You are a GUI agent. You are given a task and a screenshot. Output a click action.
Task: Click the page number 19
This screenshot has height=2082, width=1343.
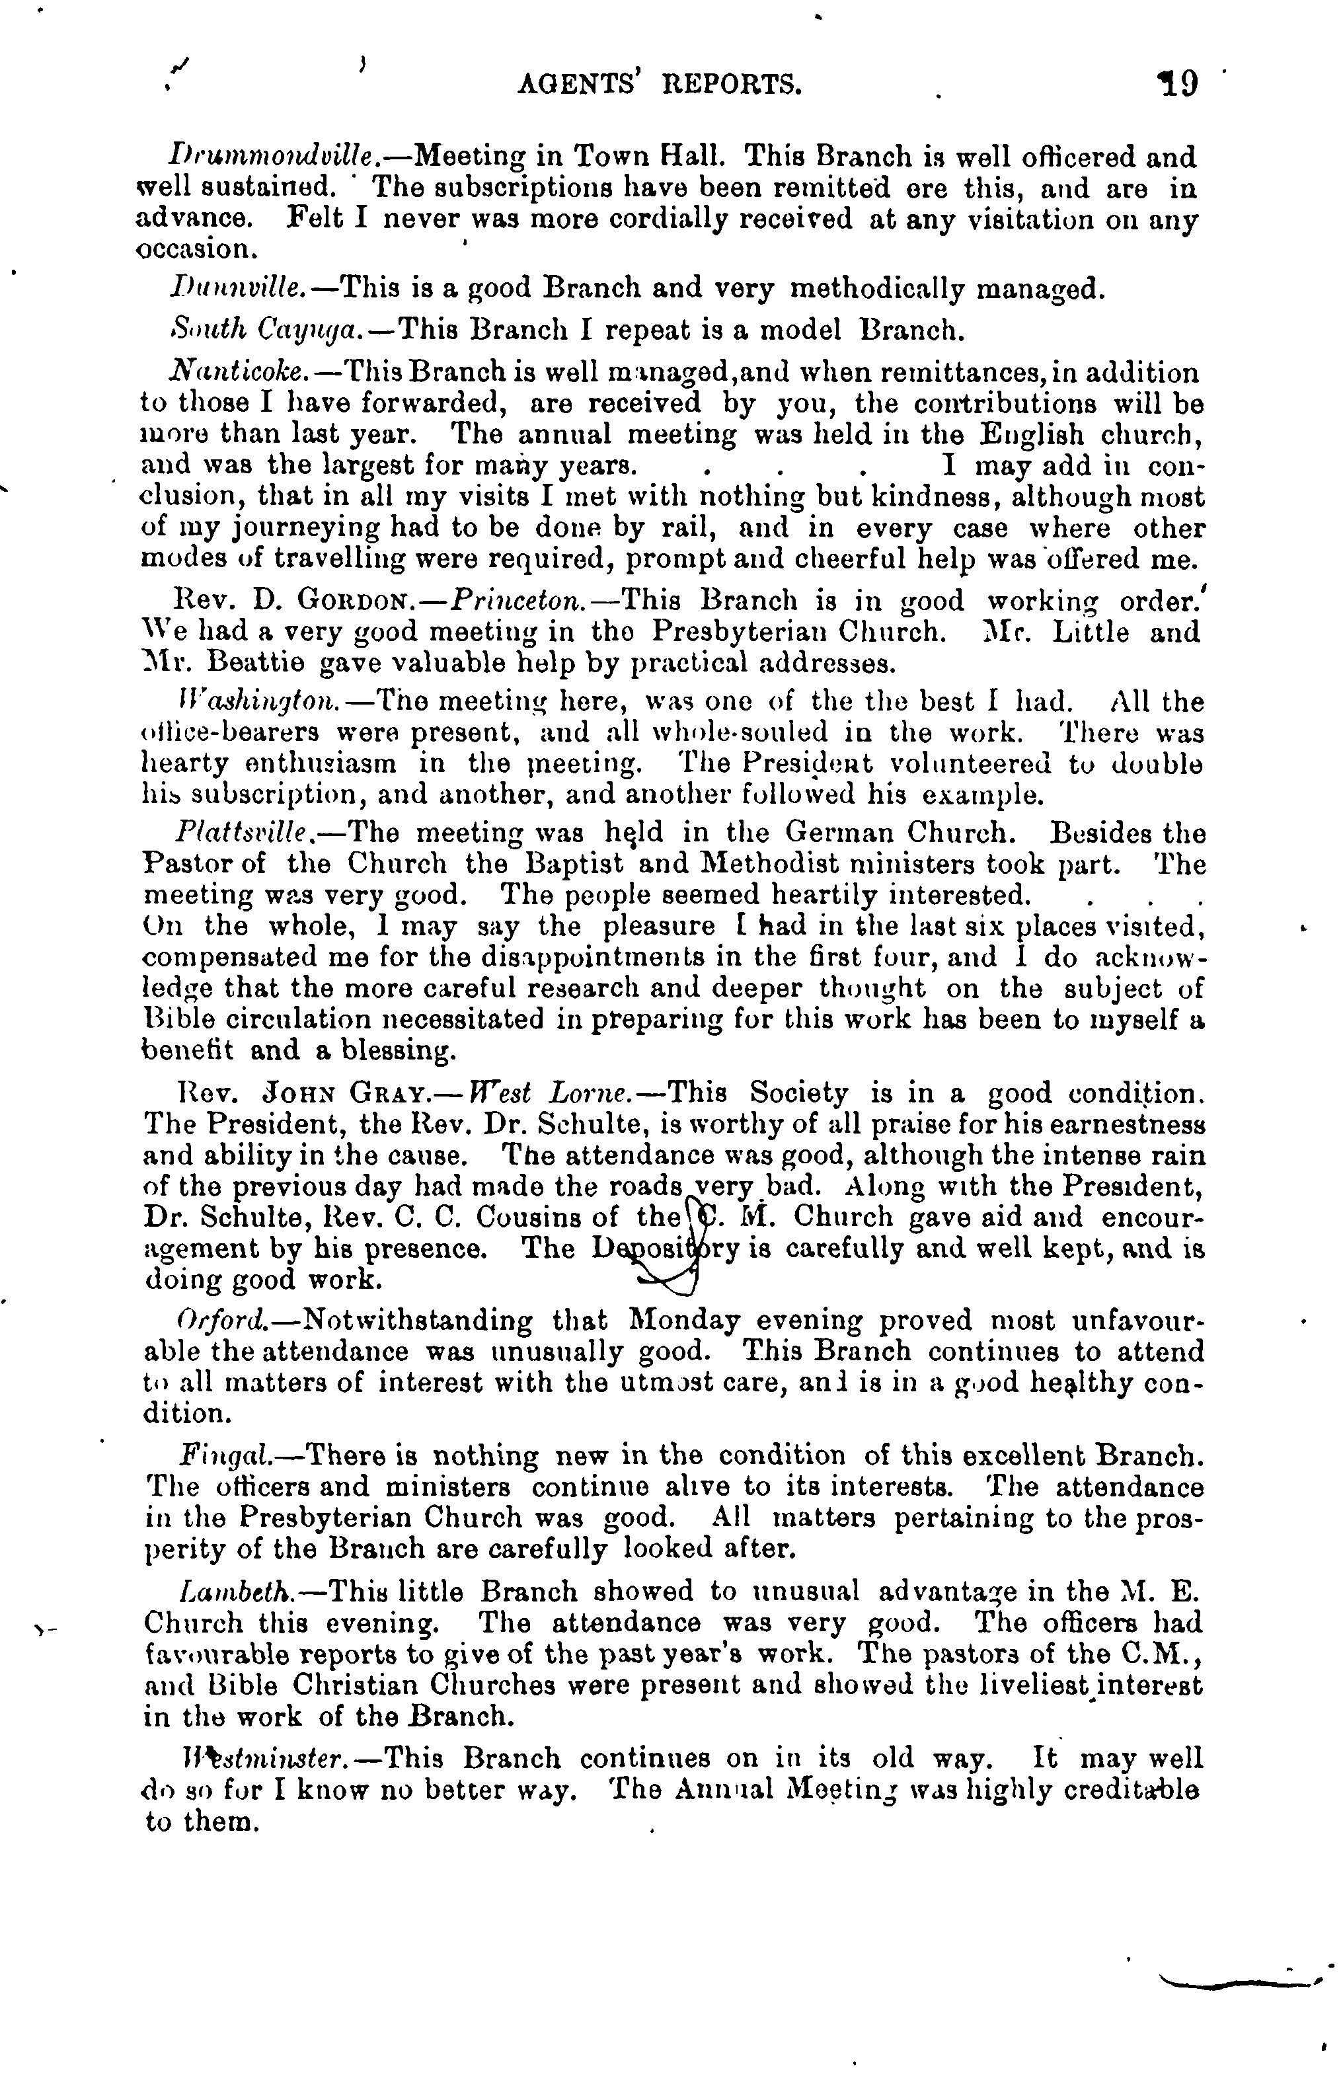pos(1177,85)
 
